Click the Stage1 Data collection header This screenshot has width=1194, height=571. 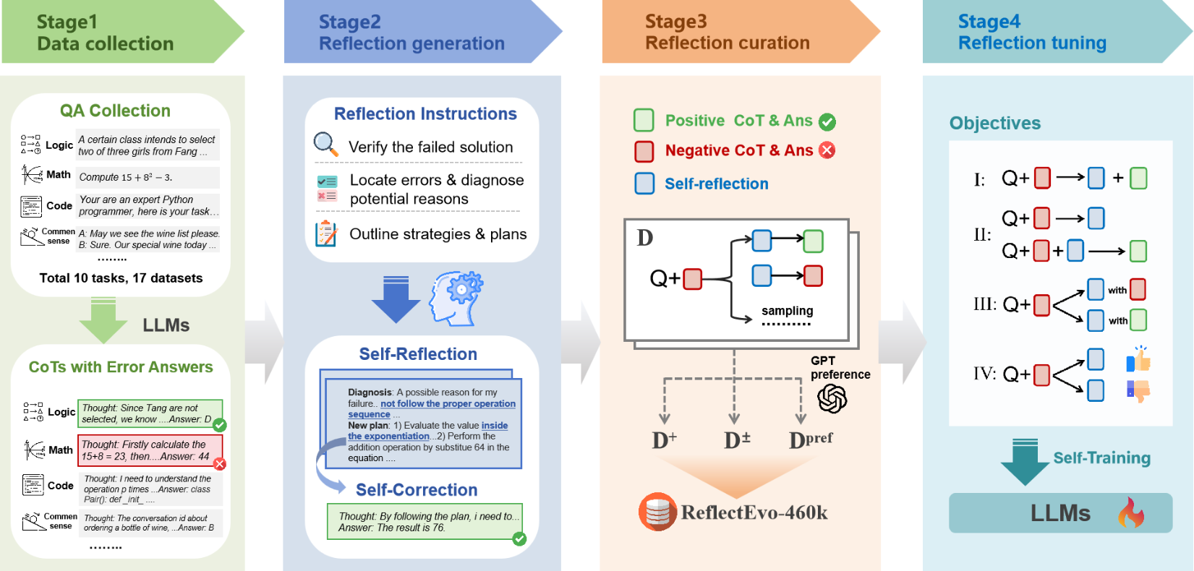coord(106,33)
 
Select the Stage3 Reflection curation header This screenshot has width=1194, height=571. coord(727,33)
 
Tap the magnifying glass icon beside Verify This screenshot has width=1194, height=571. coord(325,144)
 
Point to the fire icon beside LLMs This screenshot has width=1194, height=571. coord(1131,513)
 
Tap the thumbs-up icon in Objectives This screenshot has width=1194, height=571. coord(1138,359)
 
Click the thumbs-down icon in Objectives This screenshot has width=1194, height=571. coord(1138,391)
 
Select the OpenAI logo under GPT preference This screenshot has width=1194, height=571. coord(832,398)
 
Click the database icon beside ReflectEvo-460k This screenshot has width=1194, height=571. coord(657,512)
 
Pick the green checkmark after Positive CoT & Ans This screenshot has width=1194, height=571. coord(827,122)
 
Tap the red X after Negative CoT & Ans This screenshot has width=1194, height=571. coord(827,150)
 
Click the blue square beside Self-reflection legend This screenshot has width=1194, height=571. coord(644,184)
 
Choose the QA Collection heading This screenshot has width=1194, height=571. coord(115,111)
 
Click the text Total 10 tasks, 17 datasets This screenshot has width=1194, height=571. coord(121,278)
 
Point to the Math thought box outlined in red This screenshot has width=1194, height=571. coord(150,450)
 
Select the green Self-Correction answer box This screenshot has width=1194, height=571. coord(425,522)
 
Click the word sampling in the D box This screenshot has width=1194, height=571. coord(787,311)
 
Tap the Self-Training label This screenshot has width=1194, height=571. coord(1101,458)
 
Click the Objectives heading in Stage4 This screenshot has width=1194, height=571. coord(994,124)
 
